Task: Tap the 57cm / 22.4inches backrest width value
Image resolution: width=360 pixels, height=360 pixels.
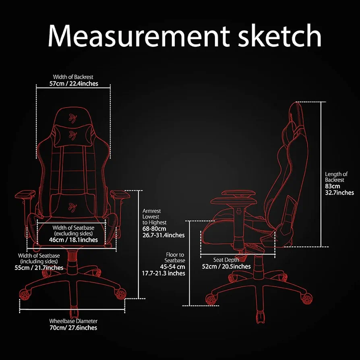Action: pyautogui.click(x=74, y=84)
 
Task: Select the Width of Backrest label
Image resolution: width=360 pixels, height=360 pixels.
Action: pyautogui.click(x=73, y=77)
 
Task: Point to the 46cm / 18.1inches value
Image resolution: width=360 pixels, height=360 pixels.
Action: pyautogui.click(x=73, y=240)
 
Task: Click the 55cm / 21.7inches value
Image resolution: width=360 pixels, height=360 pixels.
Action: pyautogui.click(x=39, y=268)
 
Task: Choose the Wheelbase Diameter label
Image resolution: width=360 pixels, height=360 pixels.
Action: pyautogui.click(x=73, y=321)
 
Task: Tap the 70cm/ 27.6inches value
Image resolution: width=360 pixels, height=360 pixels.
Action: pyautogui.click(x=73, y=328)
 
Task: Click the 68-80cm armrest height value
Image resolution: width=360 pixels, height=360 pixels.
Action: pyautogui.click(x=154, y=229)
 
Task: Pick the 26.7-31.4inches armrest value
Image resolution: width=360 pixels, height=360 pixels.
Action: pyautogui.click(x=163, y=235)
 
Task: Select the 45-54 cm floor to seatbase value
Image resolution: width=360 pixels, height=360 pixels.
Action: pyautogui.click(x=172, y=267)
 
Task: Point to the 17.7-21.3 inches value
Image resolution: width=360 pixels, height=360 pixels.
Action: pyautogui.click(x=163, y=273)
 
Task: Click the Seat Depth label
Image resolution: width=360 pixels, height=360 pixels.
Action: pyautogui.click(x=226, y=260)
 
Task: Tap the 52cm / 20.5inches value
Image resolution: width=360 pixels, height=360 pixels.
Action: pyautogui.click(x=226, y=266)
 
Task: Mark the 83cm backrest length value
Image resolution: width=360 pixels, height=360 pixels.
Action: pyautogui.click(x=332, y=186)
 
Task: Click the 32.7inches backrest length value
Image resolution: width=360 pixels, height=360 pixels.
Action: pyautogui.click(x=339, y=192)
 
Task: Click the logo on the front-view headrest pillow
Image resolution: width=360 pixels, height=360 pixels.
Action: pyautogui.click(x=73, y=135)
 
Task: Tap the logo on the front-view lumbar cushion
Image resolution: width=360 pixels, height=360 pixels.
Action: pyautogui.click(x=72, y=207)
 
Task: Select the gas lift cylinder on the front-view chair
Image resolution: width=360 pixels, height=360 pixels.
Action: pyautogui.click(x=73, y=261)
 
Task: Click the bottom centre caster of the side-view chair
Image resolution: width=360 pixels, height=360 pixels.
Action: pyautogui.click(x=261, y=317)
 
